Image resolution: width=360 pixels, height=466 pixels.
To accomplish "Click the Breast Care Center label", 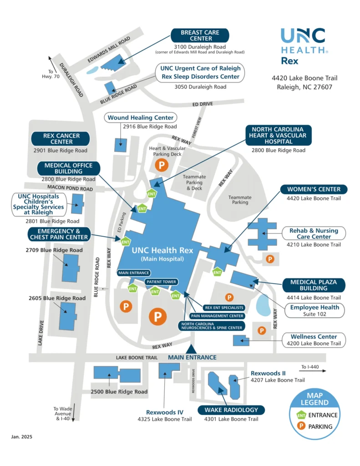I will tap(200, 35).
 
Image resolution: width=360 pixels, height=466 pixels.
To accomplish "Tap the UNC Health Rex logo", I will tap(303, 46).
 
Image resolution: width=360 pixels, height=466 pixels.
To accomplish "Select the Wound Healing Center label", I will tap(141, 118).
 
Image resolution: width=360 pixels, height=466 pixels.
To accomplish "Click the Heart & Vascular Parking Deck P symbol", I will tap(161, 165).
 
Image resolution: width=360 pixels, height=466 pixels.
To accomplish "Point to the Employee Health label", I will tap(314, 307).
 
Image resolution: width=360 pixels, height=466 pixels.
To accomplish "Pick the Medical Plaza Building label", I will tap(314, 285).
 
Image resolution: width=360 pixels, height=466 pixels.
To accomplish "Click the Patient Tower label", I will tap(161, 282).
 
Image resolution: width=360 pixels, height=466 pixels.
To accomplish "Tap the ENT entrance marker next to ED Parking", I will tap(126, 242).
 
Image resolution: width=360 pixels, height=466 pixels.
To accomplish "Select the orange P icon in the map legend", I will tap(301, 426).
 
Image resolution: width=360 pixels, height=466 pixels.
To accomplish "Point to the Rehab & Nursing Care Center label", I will tap(314, 233).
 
